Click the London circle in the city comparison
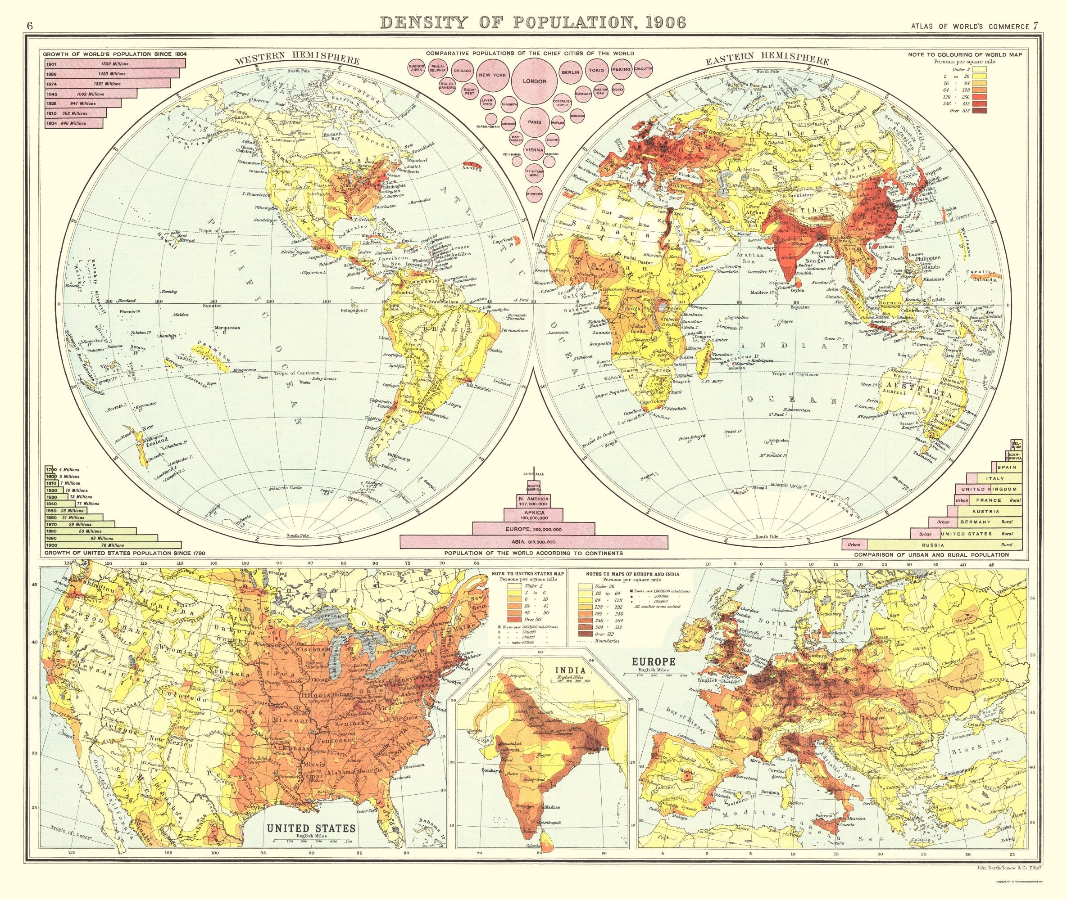(x=534, y=81)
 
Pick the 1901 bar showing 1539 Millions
(x=114, y=64)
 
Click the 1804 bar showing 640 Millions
(x=73, y=123)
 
